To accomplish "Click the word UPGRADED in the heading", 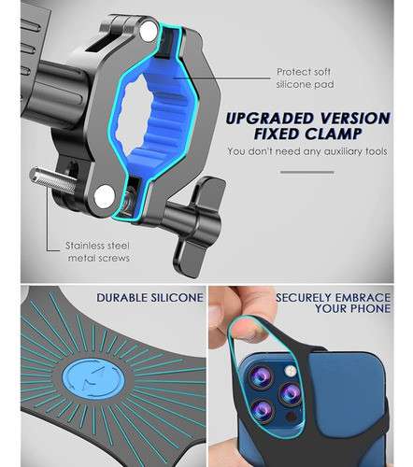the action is [x=270, y=119].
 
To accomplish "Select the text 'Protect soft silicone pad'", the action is [x=305, y=78].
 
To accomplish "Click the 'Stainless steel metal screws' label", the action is [x=98, y=252].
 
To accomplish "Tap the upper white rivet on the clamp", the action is [x=149, y=31].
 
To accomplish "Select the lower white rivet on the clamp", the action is [x=105, y=196].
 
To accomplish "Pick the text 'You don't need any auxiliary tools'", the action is [x=307, y=151].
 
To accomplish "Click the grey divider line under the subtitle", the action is [x=307, y=172].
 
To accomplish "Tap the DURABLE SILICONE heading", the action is [x=150, y=298].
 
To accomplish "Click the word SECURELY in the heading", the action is [x=304, y=298].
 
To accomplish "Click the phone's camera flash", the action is [x=291, y=371].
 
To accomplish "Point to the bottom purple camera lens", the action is [x=263, y=411].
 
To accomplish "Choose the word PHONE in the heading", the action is [x=370, y=309].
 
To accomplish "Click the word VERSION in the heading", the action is [x=355, y=119].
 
